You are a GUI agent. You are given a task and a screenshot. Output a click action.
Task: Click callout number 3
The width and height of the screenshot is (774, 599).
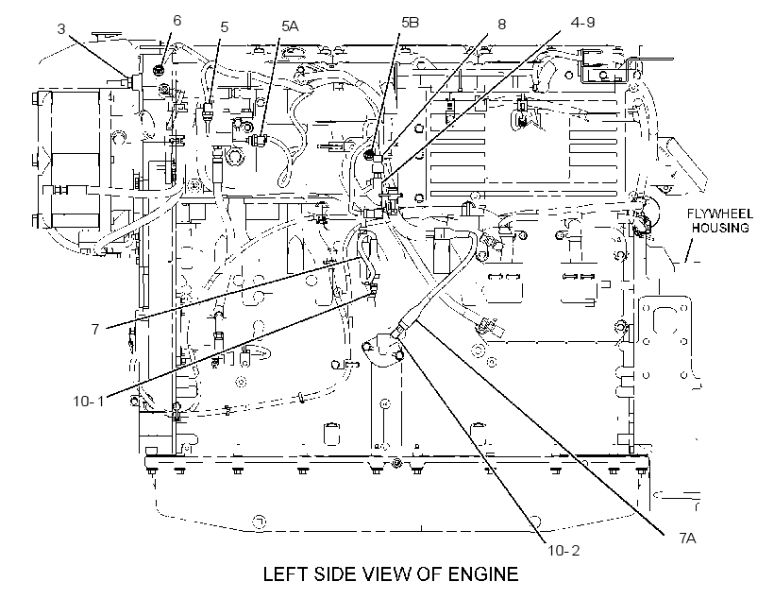coord(60,29)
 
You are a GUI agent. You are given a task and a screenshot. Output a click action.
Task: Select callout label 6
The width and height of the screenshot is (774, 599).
coord(177,21)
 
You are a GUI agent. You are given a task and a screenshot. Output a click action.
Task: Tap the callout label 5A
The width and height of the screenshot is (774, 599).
coord(290,26)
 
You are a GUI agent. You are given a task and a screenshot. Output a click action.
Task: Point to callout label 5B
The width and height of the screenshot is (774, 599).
coord(411,23)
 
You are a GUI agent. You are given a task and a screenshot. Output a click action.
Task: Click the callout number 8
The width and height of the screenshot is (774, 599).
coord(501,25)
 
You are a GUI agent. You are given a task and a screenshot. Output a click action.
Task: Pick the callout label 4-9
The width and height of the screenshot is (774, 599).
coord(583,23)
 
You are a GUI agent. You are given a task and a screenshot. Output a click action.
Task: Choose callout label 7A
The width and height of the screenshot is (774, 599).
coord(687,538)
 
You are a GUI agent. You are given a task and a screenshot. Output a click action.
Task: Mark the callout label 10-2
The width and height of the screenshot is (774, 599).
coord(564,550)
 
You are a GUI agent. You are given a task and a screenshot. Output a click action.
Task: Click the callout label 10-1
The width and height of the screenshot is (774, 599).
coord(90,401)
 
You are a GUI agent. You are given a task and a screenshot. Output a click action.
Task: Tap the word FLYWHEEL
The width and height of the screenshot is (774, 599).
coord(720,214)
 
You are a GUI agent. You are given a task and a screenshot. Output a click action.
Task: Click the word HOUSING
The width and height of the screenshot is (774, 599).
coord(720,228)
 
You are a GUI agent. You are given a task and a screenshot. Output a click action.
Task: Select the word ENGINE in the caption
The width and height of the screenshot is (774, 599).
coord(482,574)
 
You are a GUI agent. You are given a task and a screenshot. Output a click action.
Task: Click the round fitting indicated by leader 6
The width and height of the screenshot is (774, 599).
coord(159,70)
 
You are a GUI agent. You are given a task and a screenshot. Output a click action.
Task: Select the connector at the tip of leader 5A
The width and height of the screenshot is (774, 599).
coord(259,141)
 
